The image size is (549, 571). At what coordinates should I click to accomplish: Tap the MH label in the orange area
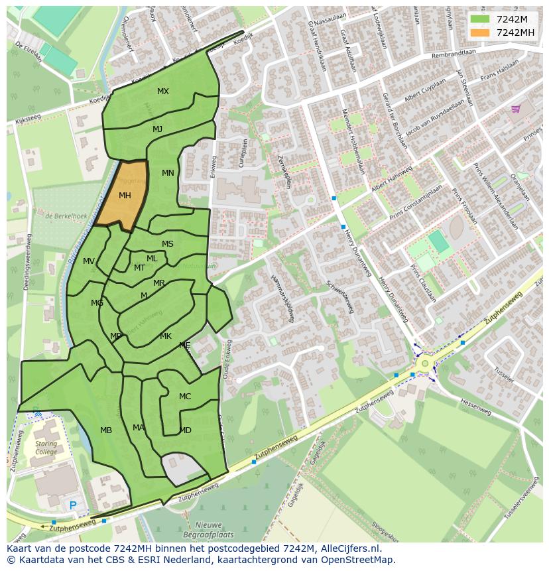pyautogui.click(x=125, y=196)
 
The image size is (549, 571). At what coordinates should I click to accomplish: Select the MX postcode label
pyautogui.click(x=162, y=92)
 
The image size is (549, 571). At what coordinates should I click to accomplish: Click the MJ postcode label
pyautogui.click(x=157, y=129)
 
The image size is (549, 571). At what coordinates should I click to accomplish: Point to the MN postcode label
pyautogui.click(x=168, y=173)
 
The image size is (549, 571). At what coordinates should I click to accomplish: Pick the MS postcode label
pyautogui.click(x=168, y=244)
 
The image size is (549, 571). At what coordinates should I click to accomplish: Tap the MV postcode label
pyautogui.click(x=89, y=261)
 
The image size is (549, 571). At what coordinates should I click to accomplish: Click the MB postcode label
pyautogui.click(x=106, y=430)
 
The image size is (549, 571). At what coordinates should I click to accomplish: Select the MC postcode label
pyautogui.click(x=185, y=397)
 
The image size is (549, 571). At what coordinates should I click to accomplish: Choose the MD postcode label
pyautogui.click(x=186, y=430)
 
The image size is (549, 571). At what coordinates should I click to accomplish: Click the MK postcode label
pyautogui.click(x=166, y=336)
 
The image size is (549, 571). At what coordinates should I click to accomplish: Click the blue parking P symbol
pyautogui.click(x=72, y=506)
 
